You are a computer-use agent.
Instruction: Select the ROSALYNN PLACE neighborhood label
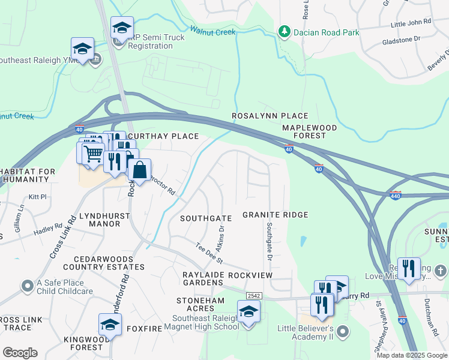click(x=270, y=116)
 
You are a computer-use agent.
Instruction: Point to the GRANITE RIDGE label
click(x=275, y=215)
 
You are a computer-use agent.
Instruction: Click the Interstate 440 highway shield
click(x=395, y=196)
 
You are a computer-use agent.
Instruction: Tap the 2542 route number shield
click(x=253, y=296)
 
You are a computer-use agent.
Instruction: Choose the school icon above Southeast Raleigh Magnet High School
click(x=248, y=312)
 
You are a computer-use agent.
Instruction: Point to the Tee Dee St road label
click(x=209, y=253)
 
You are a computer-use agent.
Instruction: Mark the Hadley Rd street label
click(x=48, y=229)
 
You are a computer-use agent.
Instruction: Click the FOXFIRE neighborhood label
click(x=143, y=329)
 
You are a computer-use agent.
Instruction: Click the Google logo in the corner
click(x=20, y=353)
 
